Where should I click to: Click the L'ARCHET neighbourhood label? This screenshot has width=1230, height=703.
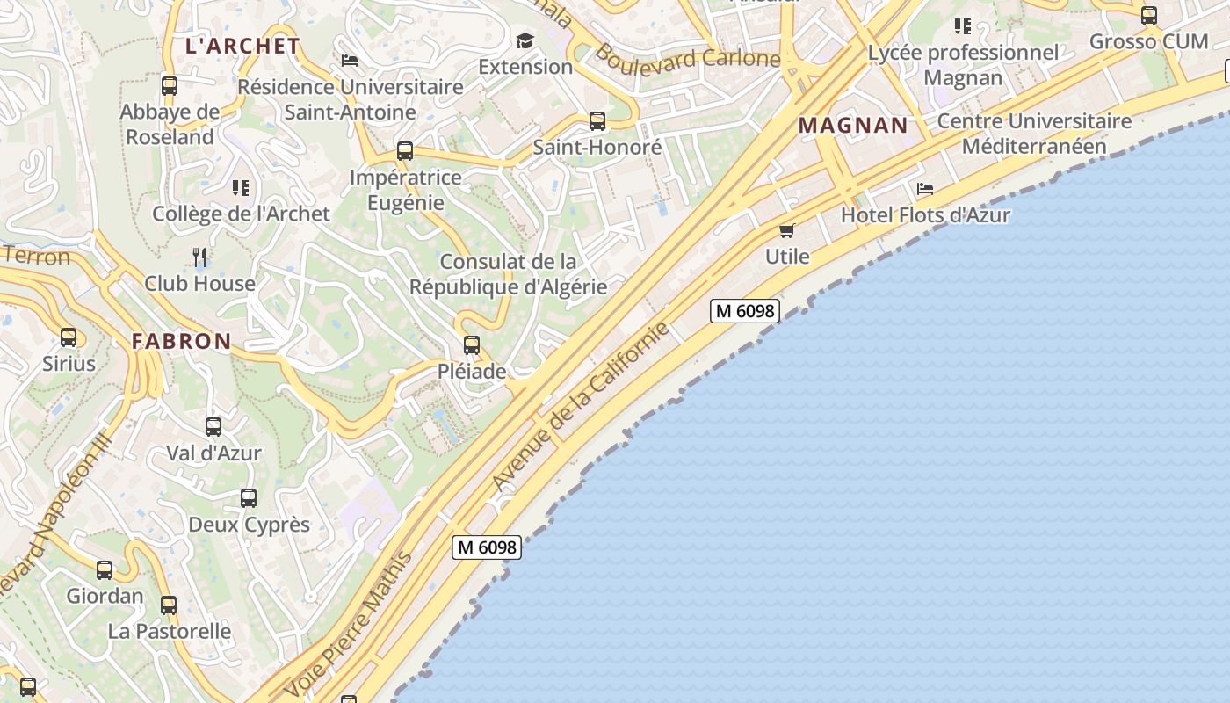point(242,47)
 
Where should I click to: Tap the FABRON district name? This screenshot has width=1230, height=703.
point(182,342)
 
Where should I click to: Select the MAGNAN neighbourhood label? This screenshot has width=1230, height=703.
point(853,125)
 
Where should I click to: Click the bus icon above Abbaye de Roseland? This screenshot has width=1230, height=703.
point(170,86)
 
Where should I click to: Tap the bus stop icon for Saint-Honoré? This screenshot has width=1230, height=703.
point(597,121)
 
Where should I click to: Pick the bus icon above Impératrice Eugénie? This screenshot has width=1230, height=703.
point(405,151)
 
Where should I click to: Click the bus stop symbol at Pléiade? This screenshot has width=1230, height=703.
point(472,345)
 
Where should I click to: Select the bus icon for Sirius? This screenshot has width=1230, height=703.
point(69,337)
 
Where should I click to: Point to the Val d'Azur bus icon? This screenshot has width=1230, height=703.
point(213,427)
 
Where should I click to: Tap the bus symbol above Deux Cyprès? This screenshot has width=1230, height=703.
point(249,498)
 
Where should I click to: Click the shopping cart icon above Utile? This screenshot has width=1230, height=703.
point(786,230)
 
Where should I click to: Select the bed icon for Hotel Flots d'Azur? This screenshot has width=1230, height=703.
point(924,189)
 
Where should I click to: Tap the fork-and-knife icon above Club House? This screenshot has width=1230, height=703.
point(200,257)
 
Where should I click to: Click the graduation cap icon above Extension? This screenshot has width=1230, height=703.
point(525,40)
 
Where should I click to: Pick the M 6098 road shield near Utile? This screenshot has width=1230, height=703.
point(745,310)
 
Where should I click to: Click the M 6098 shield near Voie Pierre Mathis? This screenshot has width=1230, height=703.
point(487,547)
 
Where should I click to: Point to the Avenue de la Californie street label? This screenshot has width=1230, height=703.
point(580,407)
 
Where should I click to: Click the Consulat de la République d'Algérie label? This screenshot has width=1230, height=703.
point(508,274)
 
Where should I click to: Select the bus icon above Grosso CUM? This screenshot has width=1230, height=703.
point(1149,15)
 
